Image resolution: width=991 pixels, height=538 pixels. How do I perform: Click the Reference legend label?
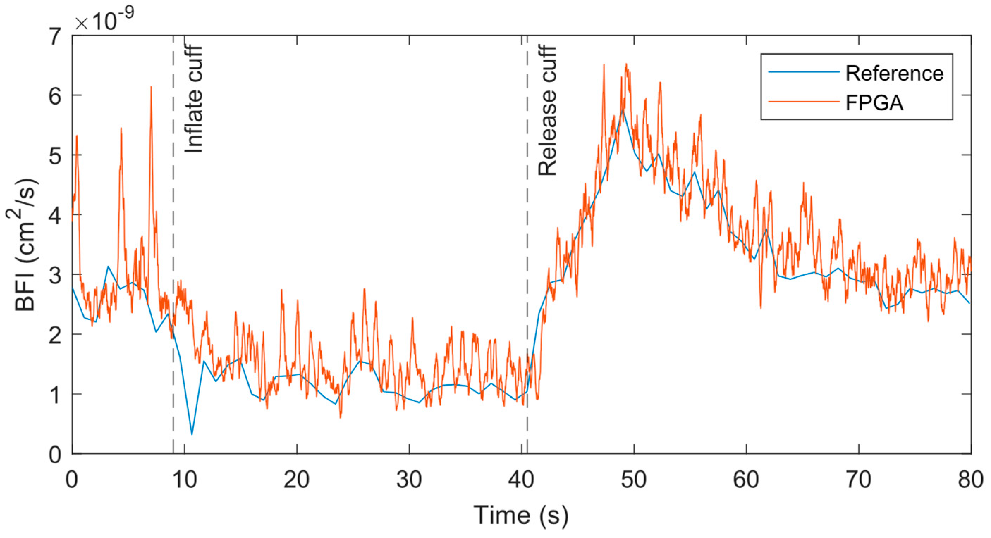894,73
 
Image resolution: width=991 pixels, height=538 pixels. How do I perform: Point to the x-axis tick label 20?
296,480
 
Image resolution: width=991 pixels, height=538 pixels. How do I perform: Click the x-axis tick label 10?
184,480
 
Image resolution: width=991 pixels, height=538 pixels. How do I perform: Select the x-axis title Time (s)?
521,515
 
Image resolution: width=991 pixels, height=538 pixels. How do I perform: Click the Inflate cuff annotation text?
193,99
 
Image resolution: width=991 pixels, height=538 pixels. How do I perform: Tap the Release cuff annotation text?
547,111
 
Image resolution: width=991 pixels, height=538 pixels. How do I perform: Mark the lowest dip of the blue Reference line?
191,434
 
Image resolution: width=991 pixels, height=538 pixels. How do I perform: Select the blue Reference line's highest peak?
623,110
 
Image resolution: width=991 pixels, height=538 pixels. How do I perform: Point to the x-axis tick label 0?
72,480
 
